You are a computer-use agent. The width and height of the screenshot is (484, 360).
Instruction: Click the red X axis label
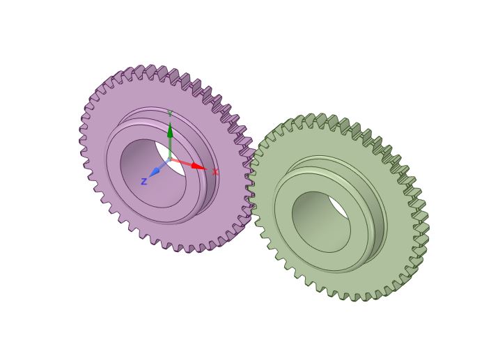[x=215, y=172]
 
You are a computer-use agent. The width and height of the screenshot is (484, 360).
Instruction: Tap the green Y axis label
[x=169, y=114]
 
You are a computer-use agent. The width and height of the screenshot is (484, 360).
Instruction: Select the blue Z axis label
[x=143, y=182]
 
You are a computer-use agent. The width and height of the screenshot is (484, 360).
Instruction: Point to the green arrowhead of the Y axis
[x=169, y=130]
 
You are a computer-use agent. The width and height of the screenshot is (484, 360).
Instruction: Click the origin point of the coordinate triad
[x=169, y=159]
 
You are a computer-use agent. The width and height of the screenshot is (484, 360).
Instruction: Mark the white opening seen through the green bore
[x=338, y=208]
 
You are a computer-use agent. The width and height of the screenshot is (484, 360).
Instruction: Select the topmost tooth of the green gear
[x=309, y=118]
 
